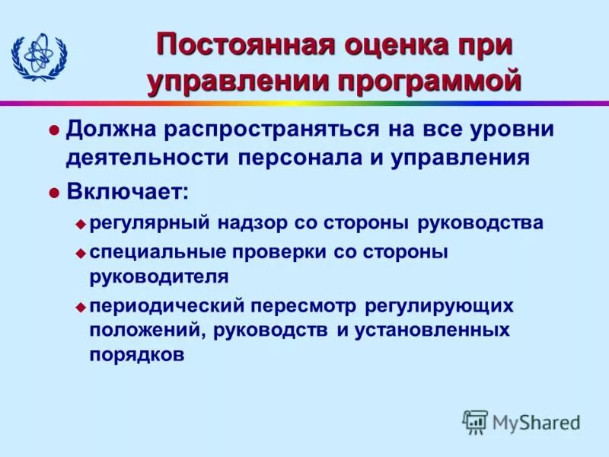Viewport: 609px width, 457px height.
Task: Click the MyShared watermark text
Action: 537,421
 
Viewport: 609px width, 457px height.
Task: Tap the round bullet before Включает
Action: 53,193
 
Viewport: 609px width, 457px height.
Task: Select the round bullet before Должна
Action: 53,129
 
